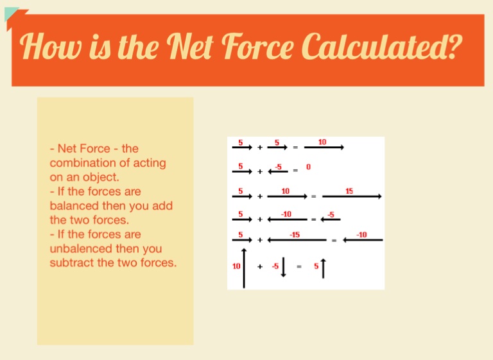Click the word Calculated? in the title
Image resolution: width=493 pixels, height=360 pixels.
click(x=382, y=47)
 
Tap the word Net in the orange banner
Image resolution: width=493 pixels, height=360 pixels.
click(x=190, y=46)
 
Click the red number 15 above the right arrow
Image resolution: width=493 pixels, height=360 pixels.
click(x=349, y=191)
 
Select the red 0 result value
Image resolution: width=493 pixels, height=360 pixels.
click(x=308, y=167)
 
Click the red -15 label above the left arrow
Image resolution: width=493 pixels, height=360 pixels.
click(x=295, y=235)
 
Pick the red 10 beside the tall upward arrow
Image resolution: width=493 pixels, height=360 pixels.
click(x=236, y=266)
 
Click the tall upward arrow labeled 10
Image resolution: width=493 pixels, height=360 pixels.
click(x=244, y=268)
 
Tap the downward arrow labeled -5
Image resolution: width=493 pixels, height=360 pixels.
click(x=283, y=267)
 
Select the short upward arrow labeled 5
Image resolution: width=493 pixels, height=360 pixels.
click(x=324, y=269)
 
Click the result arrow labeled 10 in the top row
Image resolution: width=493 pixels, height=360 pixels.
click(x=324, y=147)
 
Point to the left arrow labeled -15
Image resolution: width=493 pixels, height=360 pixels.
click(x=297, y=240)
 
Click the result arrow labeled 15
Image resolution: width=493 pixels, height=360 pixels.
click(x=352, y=196)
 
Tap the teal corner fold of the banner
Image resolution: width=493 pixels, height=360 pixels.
click(x=10, y=13)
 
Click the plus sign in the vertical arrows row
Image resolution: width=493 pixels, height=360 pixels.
click(x=260, y=266)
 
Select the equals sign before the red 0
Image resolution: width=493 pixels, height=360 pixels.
click(x=295, y=171)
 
